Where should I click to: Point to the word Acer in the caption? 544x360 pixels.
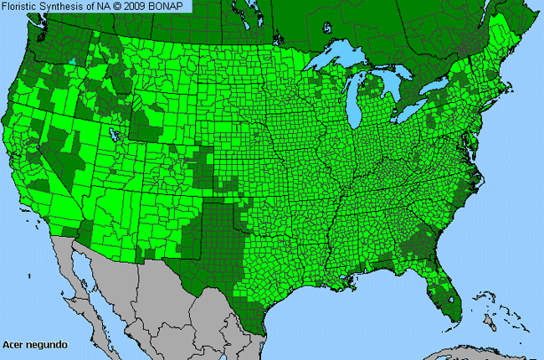[x=13, y=344]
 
